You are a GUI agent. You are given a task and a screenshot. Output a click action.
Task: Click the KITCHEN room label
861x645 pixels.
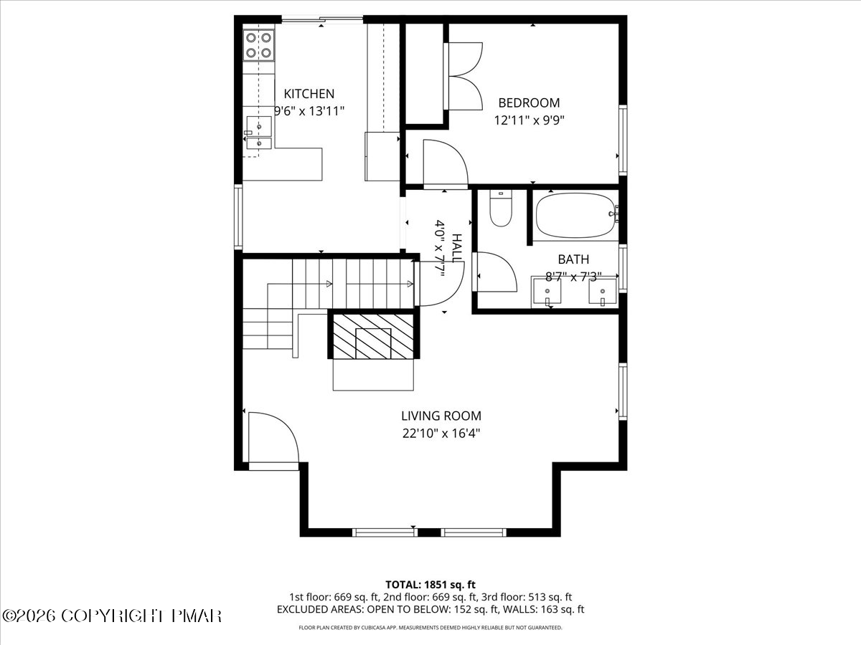pos(309,94)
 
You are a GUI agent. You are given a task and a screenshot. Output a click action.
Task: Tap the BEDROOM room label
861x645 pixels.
pos(529,103)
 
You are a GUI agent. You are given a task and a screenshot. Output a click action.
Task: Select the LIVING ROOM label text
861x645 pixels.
pos(441,416)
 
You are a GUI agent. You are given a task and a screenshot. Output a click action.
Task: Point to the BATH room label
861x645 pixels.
pos(573,259)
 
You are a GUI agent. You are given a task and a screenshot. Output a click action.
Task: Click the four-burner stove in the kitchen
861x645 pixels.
pos(258,45)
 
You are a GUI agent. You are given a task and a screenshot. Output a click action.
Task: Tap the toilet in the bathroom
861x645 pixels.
pos(501,209)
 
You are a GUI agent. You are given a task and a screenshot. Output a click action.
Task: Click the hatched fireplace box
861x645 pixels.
pos(373,335)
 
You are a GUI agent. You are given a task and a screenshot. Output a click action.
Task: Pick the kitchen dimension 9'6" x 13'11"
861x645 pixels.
pos(309,111)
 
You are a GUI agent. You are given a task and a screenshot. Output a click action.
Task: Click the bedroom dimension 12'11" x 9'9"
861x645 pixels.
pos(529,120)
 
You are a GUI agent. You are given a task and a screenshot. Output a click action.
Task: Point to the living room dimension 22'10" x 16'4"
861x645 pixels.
pos(441,434)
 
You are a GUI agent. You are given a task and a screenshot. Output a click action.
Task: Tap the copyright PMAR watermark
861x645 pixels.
pos(111,616)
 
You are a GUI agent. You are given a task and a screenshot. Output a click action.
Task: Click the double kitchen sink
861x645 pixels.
pos(259,133)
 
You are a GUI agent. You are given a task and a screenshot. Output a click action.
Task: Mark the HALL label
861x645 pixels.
pos(457,248)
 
